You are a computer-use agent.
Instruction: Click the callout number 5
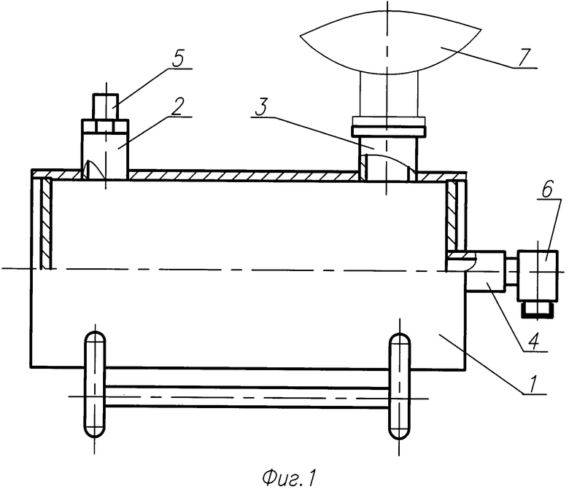coord(178,59)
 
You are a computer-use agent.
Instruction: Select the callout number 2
coord(177,106)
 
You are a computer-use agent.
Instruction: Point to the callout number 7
coord(524,58)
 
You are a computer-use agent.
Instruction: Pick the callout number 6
coord(548,189)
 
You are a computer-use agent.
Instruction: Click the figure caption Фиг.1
coord(289,477)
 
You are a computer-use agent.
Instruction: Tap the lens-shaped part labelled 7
coord(391,42)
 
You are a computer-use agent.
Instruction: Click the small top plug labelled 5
coord(106,106)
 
